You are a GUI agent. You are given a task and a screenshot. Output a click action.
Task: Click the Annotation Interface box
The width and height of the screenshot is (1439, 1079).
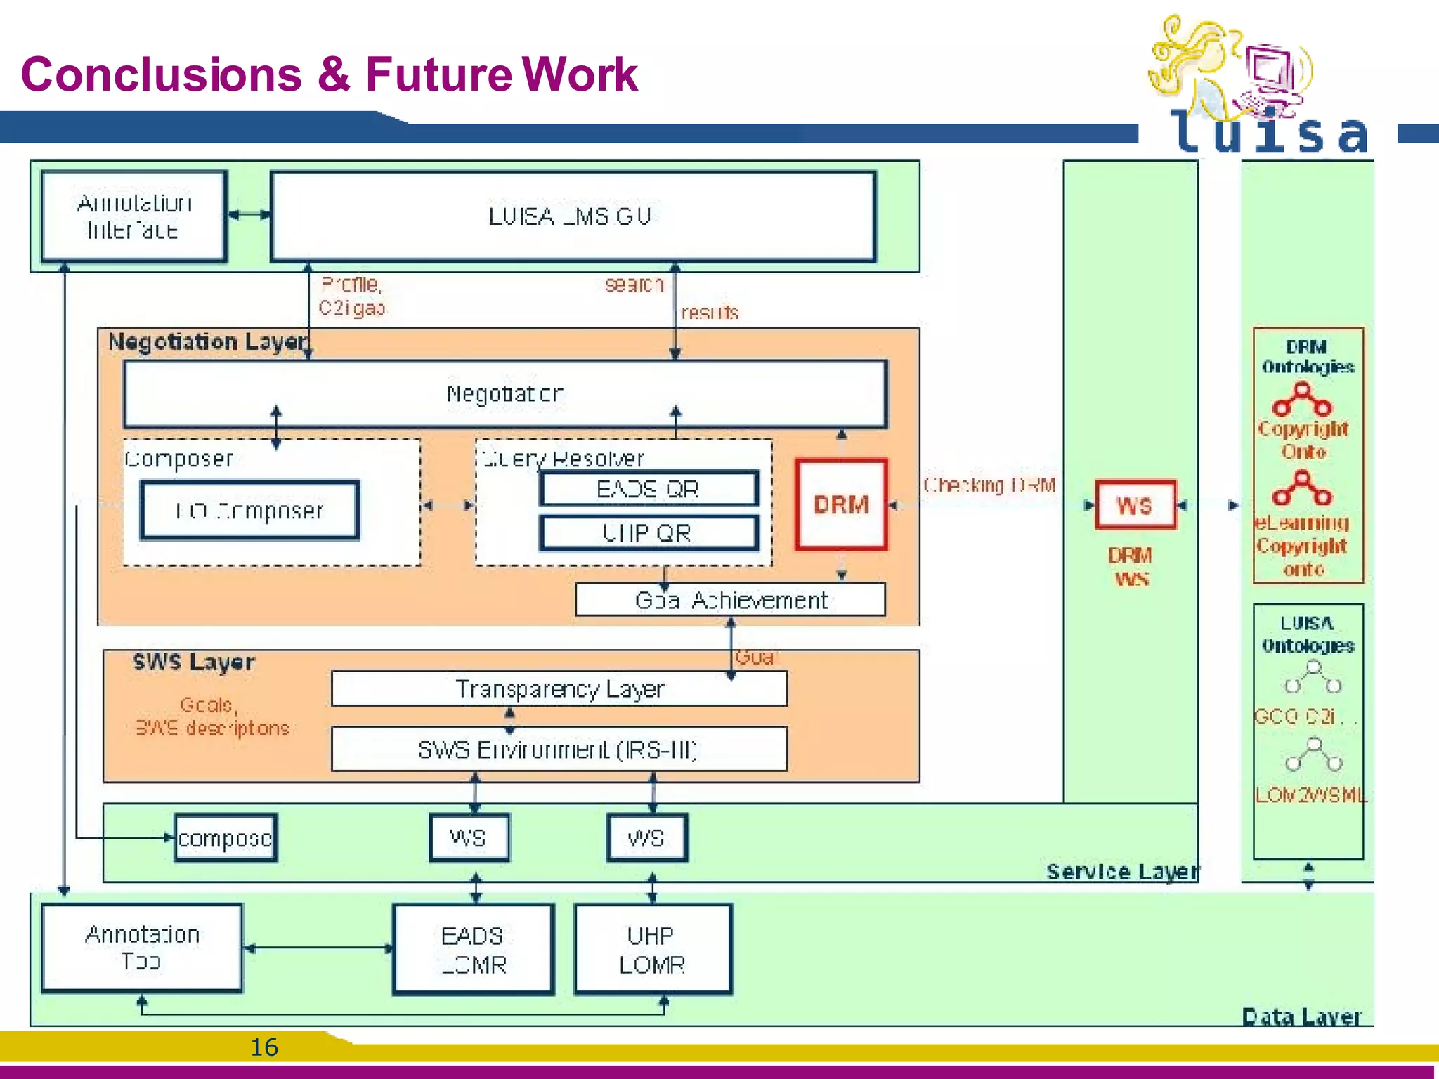tap(134, 216)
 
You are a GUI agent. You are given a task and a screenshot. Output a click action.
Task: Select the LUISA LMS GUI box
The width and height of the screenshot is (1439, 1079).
tap(573, 216)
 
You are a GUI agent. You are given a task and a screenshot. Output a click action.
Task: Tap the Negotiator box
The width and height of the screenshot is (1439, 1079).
tap(504, 393)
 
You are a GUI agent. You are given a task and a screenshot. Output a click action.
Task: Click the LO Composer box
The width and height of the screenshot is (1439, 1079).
tap(249, 511)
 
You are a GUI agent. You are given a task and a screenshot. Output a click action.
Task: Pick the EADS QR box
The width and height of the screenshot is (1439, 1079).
tap(648, 488)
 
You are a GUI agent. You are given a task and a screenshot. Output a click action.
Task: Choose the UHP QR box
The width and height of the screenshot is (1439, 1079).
tap(648, 533)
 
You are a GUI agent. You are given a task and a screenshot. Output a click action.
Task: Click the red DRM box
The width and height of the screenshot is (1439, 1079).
tap(841, 504)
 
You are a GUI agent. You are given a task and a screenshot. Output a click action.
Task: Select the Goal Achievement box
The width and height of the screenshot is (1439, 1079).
tap(730, 600)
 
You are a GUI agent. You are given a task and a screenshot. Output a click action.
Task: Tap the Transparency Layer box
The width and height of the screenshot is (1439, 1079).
tap(559, 688)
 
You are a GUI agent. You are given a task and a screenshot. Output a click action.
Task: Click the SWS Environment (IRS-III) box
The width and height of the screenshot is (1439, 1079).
tap(559, 750)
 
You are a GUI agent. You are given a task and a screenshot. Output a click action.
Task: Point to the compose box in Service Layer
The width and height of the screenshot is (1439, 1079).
tap(225, 837)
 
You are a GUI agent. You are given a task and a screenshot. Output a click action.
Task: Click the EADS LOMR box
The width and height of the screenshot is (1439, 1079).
tap(473, 949)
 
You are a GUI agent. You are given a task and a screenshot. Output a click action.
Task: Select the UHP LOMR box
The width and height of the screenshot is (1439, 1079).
tap(653, 949)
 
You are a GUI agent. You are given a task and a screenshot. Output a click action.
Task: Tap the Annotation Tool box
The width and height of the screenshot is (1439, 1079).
tap(142, 948)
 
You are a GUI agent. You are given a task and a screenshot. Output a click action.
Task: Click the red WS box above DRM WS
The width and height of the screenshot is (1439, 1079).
tap(1135, 505)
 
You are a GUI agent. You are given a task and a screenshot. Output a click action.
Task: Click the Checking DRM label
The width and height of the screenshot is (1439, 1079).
tap(989, 485)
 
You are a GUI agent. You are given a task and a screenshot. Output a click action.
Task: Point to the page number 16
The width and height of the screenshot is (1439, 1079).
tap(264, 1047)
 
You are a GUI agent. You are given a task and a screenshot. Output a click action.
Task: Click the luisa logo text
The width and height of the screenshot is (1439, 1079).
tap(1268, 133)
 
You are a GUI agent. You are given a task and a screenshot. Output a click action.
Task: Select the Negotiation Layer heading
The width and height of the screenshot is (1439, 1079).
tap(209, 342)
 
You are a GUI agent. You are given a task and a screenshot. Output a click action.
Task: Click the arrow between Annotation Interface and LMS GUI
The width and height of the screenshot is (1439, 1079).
tap(249, 215)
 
